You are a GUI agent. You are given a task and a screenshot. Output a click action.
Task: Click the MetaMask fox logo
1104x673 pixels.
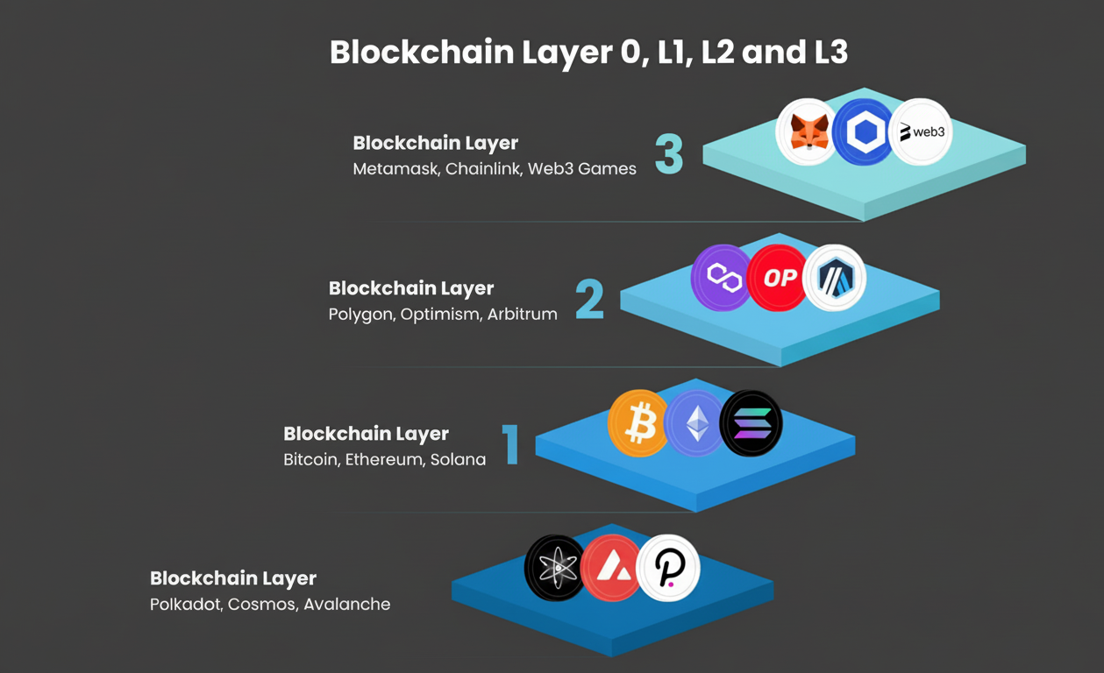[x=808, y=132]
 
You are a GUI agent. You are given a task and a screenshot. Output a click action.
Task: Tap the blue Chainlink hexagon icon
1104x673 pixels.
[x=864, y=132]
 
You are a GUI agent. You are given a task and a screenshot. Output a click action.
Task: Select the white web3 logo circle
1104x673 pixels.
[x=921, y=132]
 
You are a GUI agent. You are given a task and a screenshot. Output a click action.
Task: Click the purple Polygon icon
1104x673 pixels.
[x=723, y=278]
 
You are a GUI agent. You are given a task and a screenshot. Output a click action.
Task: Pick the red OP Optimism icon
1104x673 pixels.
[x=779, y=278]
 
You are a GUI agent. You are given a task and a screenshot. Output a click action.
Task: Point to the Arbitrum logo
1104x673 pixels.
[x=835, y=279]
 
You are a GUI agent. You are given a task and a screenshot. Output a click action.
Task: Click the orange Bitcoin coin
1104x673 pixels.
[x=638, y=423]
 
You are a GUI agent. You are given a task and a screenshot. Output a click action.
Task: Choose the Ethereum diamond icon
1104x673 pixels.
[x=695, y=423]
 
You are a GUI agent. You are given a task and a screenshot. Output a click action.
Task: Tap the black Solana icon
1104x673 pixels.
[x=751, y=423]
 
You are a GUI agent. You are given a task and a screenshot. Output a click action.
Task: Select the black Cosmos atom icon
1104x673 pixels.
[x=556, y=569]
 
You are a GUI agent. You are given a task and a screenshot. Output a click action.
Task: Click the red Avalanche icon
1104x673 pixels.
[x=612, y=569]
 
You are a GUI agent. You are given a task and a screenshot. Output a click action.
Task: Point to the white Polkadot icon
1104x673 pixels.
[x=669, y=569]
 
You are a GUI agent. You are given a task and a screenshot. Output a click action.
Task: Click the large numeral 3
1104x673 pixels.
[x=669, y=153]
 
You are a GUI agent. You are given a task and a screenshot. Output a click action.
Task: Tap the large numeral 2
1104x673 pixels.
[x=589, y=299]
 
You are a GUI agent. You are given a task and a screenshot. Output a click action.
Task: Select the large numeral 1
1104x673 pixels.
[x=510, y=444]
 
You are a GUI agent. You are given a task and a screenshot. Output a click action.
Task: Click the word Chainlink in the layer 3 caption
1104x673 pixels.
[x=483, y=169]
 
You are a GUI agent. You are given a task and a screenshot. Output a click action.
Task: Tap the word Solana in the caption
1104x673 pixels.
[x=458, y=460]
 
